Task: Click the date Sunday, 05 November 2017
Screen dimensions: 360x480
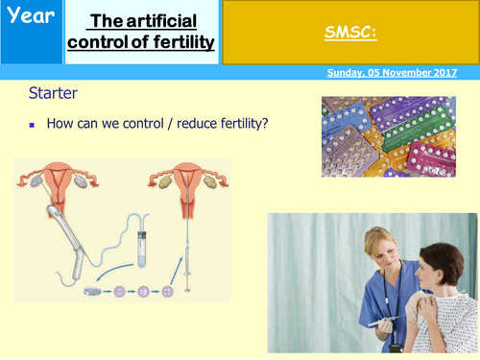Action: coord(395,72)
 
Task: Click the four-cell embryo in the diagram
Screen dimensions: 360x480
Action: coord(168,291)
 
